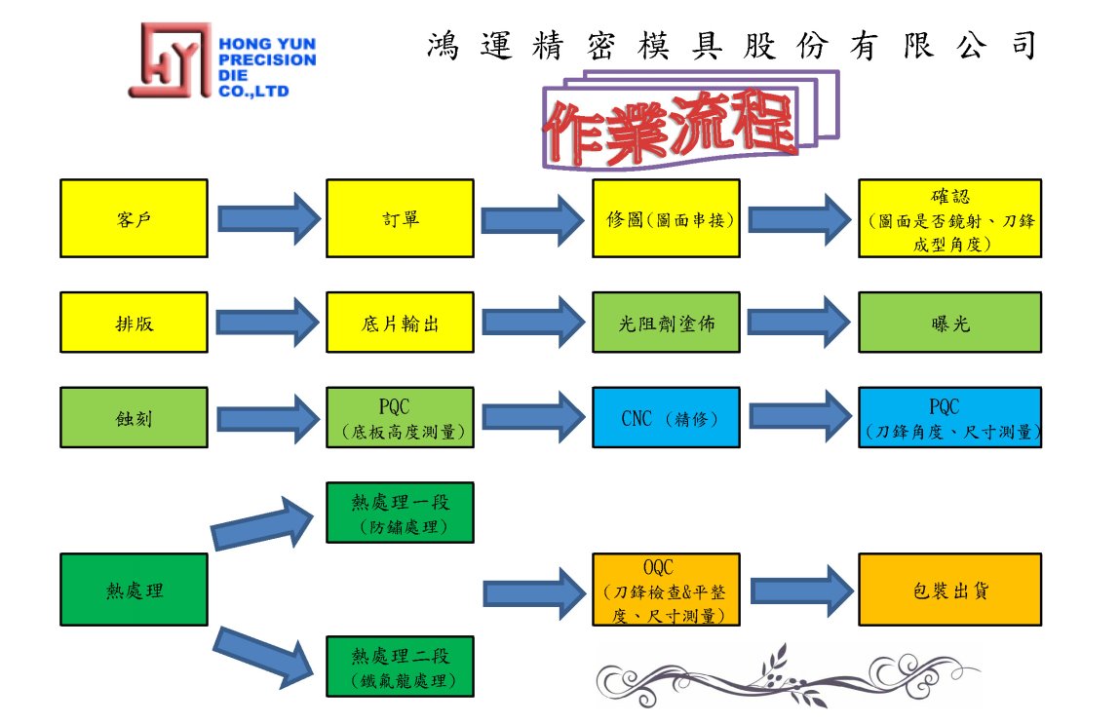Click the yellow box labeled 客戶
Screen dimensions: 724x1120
click(134, 218)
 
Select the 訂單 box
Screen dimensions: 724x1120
click(400, 218)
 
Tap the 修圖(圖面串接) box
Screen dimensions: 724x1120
click(666, 218)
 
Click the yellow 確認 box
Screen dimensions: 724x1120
click(949, 218)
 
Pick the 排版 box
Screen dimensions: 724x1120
click(134, 323)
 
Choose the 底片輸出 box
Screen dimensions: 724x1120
click(400, 323)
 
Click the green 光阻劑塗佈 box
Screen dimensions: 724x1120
click(666, 323)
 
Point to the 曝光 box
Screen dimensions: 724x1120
click(949, 323)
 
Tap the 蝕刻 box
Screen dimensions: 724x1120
click(134, 417)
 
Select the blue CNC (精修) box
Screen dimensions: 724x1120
click(666, 417)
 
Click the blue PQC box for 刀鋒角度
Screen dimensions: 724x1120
click(949, 417)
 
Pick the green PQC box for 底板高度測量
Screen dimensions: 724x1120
click(400, 417)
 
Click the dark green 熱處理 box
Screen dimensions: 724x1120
click(134, 590)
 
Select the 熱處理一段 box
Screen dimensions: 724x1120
click(400, 513)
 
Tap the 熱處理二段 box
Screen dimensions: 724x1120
click(400, 667)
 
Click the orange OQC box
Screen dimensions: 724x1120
click(666, 590)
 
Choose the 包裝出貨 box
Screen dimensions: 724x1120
click(949, 590)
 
